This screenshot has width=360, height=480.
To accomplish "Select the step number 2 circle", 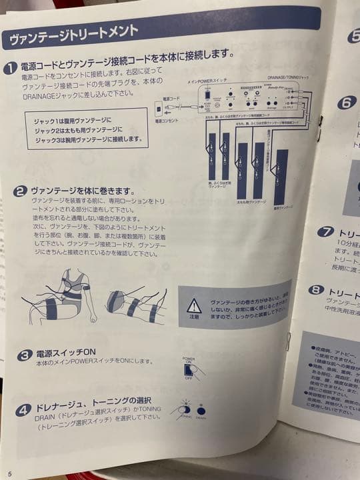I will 20,192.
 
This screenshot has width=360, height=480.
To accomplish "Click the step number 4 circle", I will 24,406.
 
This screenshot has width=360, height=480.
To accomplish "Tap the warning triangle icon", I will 194,306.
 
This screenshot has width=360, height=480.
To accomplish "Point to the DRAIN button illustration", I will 201,411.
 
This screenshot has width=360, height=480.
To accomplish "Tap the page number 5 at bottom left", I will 10,473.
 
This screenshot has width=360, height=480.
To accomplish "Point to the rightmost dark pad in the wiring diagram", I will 281,177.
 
